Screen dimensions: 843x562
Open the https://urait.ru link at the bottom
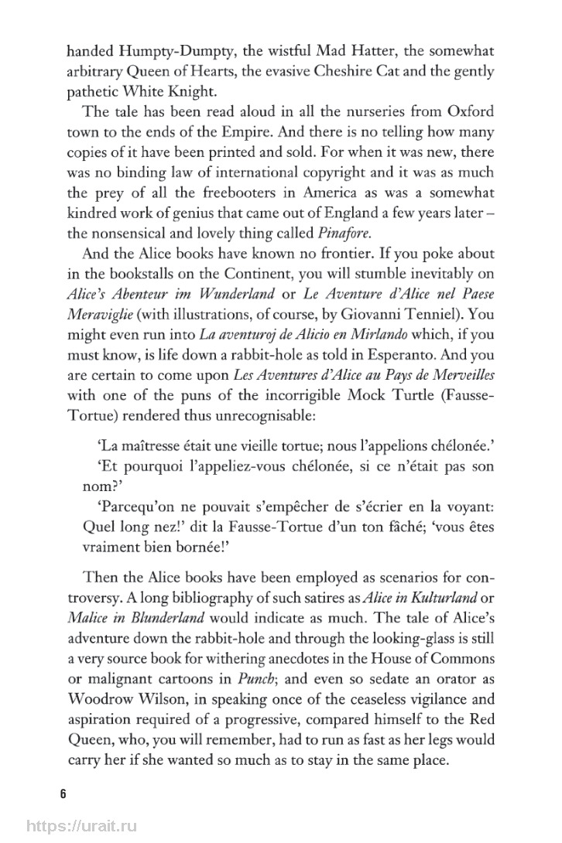point(78,826)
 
